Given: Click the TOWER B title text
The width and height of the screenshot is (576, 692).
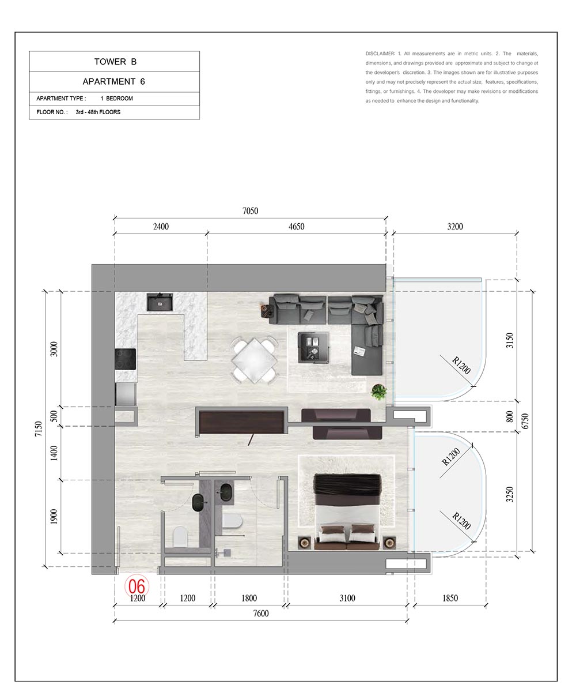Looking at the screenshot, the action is tap(115, 62).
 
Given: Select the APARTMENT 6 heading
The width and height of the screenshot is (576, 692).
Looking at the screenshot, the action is tap(114, 81).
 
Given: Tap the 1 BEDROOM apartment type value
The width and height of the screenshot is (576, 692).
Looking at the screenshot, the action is tap(116, 99).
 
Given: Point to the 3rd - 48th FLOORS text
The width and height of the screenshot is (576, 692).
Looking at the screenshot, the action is tap(98, 112).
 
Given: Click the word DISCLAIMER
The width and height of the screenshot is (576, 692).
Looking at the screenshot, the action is tap(380, 54).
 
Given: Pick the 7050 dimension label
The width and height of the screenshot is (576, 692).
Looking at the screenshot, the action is tap(250, 211).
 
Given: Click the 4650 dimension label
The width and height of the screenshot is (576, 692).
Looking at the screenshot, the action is tap(296, 227).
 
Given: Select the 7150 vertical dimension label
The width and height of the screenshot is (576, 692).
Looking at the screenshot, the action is tap(39, 428).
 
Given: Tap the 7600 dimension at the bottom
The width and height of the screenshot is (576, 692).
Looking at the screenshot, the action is tap(261, 613).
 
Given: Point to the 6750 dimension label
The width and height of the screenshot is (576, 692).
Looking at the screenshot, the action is tap(525, 421).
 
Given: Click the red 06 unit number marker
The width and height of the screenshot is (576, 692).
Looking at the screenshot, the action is tap(137, 586).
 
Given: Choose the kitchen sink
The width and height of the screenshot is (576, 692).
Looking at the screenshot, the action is tap(160, 302).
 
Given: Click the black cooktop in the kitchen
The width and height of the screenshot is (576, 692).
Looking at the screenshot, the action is tap(126, 359).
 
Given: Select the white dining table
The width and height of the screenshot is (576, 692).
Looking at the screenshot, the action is tap(254, 360).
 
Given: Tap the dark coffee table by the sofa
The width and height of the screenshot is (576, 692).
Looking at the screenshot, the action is tap(313, 348).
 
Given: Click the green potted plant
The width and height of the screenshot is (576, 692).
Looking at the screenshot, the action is tap(378, 392).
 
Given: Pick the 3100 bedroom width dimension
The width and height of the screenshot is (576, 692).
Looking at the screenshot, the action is tap(347, 598).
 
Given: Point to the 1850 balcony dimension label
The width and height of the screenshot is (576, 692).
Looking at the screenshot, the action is tap(450, 598).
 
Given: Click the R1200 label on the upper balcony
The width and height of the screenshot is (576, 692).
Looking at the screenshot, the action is tap(461, 365).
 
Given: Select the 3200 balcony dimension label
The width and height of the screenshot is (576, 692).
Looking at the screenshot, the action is tap(455, 227).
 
